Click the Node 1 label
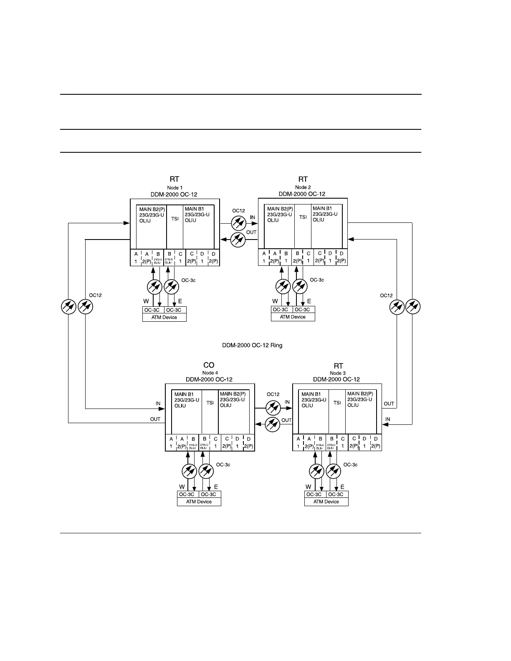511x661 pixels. click(175, 188)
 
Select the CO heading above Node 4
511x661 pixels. click(209, 365)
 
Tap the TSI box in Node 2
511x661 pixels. click(303, 217)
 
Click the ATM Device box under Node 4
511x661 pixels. click(199, 502)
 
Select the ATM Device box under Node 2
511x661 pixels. click(293, 317)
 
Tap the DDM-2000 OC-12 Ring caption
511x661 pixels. click(252, 345)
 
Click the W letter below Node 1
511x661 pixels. click(146, 301)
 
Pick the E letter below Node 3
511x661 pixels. click(342, 487)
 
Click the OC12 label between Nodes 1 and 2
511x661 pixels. click(238, 211)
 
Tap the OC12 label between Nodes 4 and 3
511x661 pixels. click(273, 394)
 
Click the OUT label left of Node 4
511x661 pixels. click(155, 419)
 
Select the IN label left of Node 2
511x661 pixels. click(253, 217)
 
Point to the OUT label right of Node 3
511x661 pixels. click(389, 404)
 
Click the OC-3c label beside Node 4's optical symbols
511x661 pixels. click(223, 465)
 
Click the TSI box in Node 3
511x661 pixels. click(337, 403)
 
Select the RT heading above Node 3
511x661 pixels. click(338, 366)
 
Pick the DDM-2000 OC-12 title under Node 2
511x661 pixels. click(302, 194)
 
